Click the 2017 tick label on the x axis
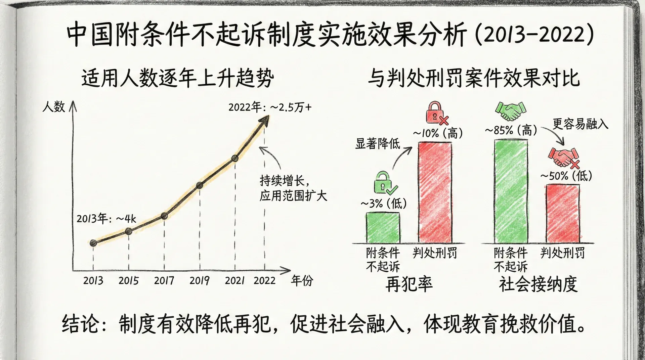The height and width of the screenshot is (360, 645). [x=164, y=280]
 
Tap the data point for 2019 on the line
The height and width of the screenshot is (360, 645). [x=200, y=185]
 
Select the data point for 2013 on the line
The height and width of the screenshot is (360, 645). [x=93, y=243]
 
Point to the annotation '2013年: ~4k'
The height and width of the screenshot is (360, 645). [x=106, y=219]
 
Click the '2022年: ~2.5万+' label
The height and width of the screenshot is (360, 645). [x=270, y=107]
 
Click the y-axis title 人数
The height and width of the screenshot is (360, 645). [x=54, y=107]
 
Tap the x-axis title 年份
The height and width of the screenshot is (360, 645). [x=302, y=280]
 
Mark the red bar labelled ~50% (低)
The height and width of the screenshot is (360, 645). [x=563, y=213]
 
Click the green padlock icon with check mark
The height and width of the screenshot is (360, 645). [x=385, y=183]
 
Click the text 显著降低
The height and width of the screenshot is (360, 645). [x=378, y=144]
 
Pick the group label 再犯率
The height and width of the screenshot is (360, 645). [x=409, y=284]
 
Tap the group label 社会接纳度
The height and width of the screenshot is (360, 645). [x=538, y=284]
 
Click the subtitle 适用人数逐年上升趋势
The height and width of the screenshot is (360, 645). [x=178, y=78]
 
